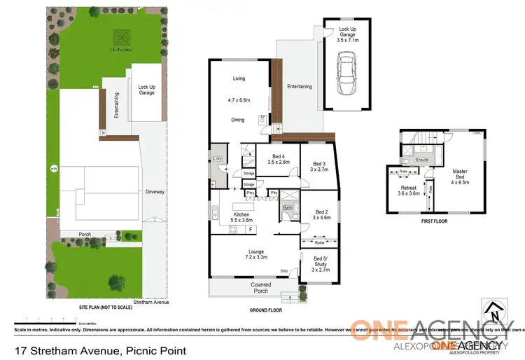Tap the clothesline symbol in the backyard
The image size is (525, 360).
pos(118,38)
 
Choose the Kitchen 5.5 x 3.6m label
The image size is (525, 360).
pos(241,216)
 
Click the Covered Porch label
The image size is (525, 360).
pos(261,288)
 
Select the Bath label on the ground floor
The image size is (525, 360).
pos(287,207)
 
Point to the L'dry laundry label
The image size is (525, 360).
pos(217,160)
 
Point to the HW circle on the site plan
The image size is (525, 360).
pos(51,168)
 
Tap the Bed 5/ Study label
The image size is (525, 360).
pos(319,263)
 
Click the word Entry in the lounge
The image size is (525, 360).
pos(284,271)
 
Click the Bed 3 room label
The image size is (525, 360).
pos(319,166)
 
